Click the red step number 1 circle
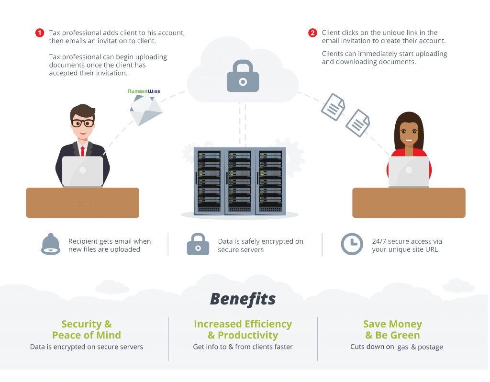click(39, 33)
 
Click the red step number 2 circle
click(312, 33)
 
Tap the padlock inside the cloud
click(243, 76)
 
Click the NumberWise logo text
click(144, 90)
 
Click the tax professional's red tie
click(82, 151)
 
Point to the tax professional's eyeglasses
click(82, 123)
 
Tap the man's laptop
click(82, 171)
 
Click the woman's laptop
click(408, 171)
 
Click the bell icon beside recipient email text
click(51, 245)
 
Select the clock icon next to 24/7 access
click(352, 244)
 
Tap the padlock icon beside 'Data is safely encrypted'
click(198, 245)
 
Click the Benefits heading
click(243, 299)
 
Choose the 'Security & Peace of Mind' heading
click(87, 329)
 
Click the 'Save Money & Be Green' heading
click(392, 329)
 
